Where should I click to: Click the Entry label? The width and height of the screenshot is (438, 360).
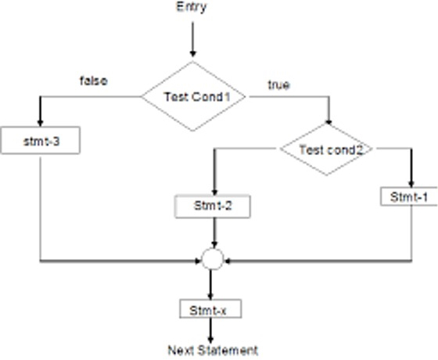click(x=192, y=7)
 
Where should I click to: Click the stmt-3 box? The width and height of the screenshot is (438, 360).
click(x=41, y=141)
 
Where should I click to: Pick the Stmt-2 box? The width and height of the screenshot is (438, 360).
click(x=213, y=207)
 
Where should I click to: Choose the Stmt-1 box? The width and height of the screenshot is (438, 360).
click(x=409, y=196)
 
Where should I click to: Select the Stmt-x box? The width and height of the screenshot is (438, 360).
click(x=210, y=309)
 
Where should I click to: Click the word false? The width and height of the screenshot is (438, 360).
click(x=94, y=81)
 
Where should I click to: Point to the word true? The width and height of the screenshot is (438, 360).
click(x=278, y=85)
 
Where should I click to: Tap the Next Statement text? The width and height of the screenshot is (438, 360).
click(x=213, y=351)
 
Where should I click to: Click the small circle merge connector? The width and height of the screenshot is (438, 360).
click(x=213, y=259)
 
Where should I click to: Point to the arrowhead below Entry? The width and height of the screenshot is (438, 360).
click(x=192, y=53)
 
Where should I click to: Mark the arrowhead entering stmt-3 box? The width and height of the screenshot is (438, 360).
click(x=40, y=123)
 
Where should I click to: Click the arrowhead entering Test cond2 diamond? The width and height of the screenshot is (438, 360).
click(x=328, y=122)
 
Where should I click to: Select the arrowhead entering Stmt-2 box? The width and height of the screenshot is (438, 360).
click(x=214, y=193)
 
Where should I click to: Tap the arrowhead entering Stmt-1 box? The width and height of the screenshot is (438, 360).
click(x=411, y=184)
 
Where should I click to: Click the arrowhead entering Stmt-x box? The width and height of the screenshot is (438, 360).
click(x=210, y=297)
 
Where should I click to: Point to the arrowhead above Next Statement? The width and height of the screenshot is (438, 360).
click(x=210, y=340)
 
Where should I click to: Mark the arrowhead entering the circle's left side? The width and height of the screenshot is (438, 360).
click(x=199, y=261)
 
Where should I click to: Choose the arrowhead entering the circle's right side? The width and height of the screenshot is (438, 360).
click(x=227, y=261)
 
